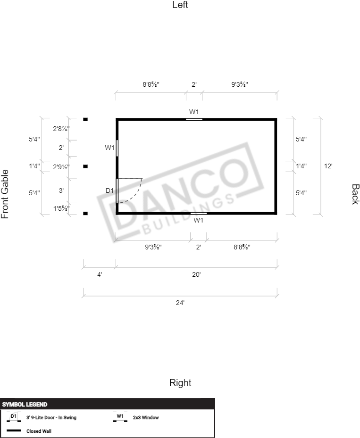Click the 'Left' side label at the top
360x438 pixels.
click(x=180, y=5)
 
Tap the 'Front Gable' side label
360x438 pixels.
click(x=5, y=194)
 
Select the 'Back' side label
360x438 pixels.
click(x=355, y=194)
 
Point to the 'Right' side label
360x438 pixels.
click(x=180, y=383)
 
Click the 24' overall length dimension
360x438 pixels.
click(x=180, y=303)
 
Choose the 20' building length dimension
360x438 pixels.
click(x=196, y=274)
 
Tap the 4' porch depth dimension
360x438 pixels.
click(x=100, y=274)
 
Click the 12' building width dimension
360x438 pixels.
click(x=328, y=166)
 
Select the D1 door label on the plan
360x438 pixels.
click(x=109, y=190)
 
